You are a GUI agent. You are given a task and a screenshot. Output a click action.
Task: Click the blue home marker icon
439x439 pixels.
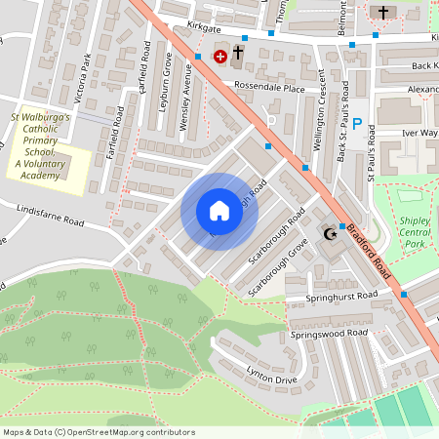pos(219,211)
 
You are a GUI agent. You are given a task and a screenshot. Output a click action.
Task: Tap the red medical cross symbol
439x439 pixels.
pos(219,57)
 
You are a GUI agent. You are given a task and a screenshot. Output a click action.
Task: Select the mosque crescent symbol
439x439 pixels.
pos(329,233)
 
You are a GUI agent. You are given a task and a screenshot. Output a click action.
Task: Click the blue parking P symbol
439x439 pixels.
pos(357,124)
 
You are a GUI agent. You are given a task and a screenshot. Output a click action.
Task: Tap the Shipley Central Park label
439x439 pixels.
pos(415,233)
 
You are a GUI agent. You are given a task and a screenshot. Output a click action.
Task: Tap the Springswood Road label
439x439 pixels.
pos(329,333)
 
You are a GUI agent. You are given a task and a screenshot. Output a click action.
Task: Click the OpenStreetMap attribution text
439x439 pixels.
pos(98,432)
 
